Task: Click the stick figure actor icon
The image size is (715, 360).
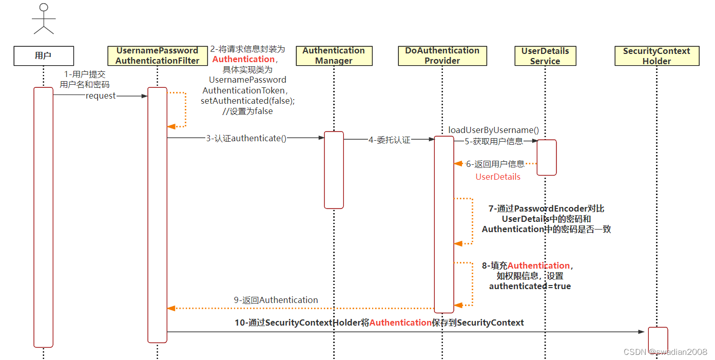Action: coord(44,19)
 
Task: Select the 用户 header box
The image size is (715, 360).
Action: coord(44,55)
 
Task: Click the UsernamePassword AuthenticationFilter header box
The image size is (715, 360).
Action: coord(157,55)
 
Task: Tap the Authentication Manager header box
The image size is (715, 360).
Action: coord(334,55)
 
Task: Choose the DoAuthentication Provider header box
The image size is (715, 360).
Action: coord(442,55)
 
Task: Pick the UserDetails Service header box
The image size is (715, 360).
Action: coord(545,55)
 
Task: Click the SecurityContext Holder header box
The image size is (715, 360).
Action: coord(656,55)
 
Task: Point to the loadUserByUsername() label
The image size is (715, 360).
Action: coord(494,130)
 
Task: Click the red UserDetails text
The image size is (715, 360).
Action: coord(498,177)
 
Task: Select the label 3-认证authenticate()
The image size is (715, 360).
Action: coord(246,138)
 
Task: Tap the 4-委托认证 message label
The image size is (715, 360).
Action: coord(390,140)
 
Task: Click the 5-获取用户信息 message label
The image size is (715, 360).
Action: coord(494,141)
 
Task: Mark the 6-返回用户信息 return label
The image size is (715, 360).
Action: coord(495,164)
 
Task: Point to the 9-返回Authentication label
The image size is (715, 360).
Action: coord(276,300)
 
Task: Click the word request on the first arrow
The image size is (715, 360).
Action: coord(101,96)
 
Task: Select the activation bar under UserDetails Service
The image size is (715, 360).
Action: coord(547,157)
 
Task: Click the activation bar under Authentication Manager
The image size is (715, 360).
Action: coord(334,170)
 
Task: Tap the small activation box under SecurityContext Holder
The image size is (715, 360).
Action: coord(658,339)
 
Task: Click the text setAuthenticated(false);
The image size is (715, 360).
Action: coord(248,101)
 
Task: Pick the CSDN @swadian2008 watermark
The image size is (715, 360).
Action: coord(665,352)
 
